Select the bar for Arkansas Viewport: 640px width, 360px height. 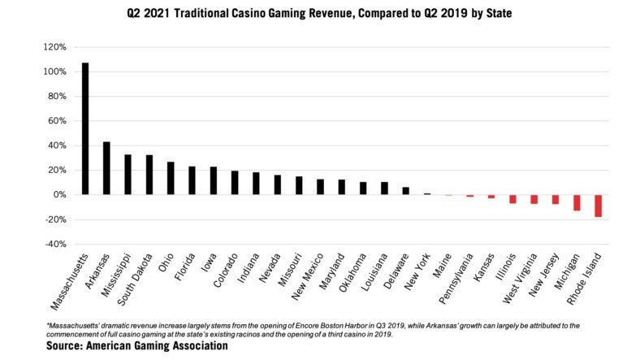click(x=106, y=168)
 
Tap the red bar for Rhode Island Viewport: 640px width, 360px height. click(x=599, y=206)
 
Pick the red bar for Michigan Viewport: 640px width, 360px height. click(x=577, y=202)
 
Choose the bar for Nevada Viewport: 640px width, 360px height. click(x=277, y=184)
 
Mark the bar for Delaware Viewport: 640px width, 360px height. click(x=405, y=191)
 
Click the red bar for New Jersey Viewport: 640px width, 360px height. click(x=556, y=199)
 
